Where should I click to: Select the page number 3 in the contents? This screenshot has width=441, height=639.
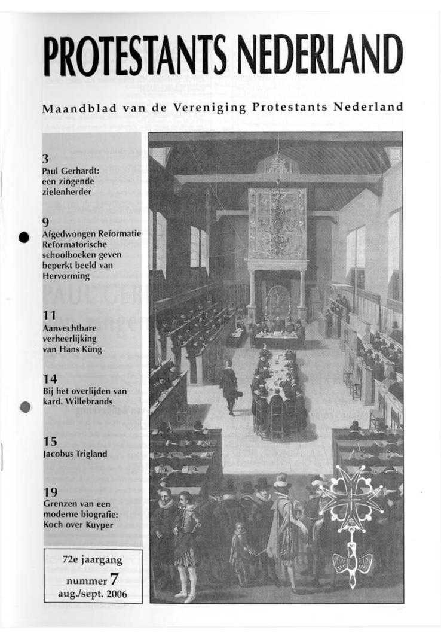45,159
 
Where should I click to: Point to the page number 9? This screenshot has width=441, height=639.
45,222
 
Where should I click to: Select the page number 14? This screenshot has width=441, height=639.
50,379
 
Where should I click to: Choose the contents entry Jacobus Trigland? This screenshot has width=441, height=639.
75,454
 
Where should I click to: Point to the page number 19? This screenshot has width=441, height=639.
50,492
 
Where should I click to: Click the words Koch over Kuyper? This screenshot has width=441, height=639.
78,524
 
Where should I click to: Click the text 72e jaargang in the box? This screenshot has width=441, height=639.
92,561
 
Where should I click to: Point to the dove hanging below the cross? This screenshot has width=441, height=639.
353,562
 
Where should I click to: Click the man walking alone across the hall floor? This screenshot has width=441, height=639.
228,387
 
